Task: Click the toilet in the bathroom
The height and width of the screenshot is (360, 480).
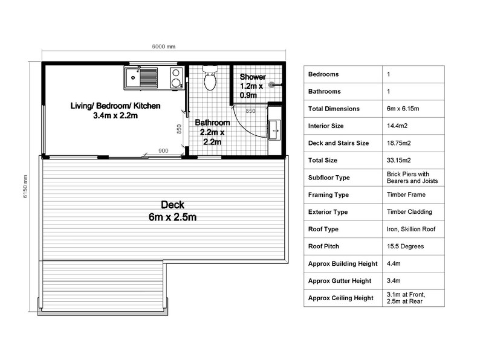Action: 210,79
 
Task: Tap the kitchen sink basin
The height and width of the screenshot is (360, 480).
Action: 133,77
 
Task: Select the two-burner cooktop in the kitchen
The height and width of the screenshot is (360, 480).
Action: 176,78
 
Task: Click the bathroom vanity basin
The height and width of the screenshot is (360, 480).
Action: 275,128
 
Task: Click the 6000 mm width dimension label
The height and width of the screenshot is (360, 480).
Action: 163,47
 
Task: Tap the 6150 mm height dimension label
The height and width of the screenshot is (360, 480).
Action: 25,187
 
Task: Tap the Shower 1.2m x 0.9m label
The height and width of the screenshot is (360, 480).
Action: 252,86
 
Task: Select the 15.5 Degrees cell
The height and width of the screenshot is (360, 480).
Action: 404,246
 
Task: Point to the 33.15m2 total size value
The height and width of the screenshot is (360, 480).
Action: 398,161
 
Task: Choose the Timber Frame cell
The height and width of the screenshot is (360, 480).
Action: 406,195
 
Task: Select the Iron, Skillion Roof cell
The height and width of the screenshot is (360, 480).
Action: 410,230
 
